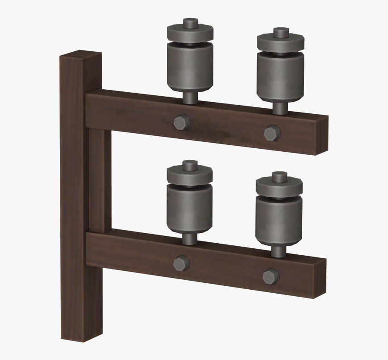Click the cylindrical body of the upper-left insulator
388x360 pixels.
click(190, 69)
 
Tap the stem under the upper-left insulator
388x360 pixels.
click(190, 97)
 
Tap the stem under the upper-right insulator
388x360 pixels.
click(280, 108)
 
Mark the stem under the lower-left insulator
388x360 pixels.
click(189, 238)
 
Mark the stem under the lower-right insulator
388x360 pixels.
click(278, 250)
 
